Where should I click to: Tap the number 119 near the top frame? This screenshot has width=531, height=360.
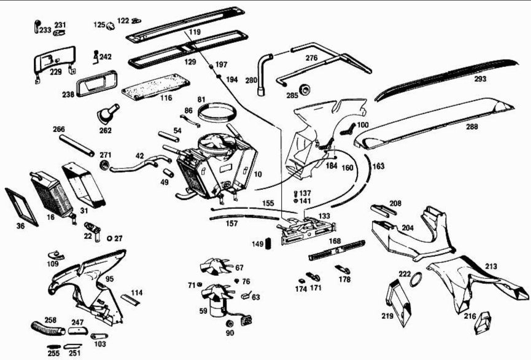[x=195, y=31]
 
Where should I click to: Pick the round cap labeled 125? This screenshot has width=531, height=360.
[x=111, y=26]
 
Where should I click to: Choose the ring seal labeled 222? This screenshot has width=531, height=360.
[x=416, y=280]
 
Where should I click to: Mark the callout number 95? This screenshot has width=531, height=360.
[x=109, y=279]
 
